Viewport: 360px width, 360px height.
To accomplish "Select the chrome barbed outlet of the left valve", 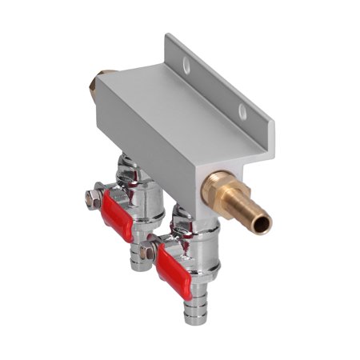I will pyautogui.click(x=140, y=260).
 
